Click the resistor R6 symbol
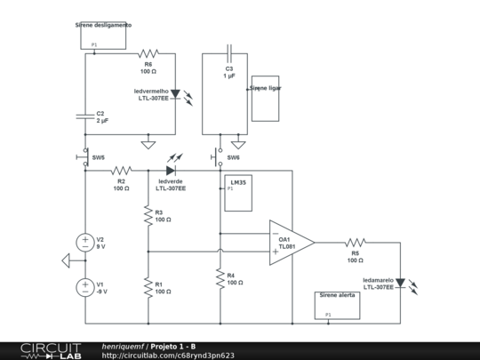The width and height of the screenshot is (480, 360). pos(148,53)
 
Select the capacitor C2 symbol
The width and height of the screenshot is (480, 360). pos(86,115)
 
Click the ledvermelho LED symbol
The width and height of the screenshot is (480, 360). pos(175,93)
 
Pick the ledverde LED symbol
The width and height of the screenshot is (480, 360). pos(171,170)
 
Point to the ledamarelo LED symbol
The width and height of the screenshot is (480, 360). pos(400,283)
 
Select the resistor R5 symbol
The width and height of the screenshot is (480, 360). pos(355,242)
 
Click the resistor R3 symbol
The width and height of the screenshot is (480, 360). pos(148,216)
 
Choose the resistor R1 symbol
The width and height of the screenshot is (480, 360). pos(148,287)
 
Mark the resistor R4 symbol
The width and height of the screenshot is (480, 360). pos(220,279)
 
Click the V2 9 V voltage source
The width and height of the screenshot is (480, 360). pos(86,242)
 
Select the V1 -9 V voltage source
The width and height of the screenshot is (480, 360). pos(86,286)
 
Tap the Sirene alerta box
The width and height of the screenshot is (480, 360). pos(338,305)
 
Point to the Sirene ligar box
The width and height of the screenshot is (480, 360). pos(265,98)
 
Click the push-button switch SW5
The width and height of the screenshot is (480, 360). pos(86,158)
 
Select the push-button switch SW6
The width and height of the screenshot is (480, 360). pos(219,158)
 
